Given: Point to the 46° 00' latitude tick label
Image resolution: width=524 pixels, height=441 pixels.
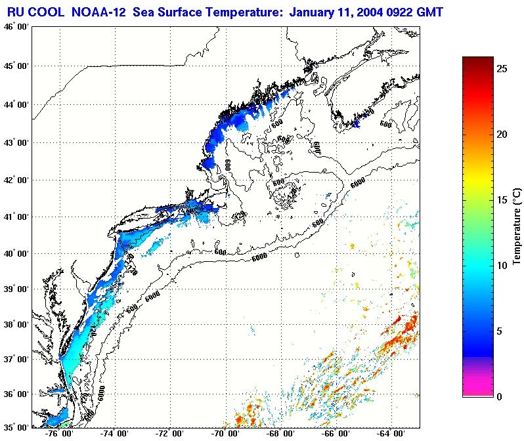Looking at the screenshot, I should coord(16,27).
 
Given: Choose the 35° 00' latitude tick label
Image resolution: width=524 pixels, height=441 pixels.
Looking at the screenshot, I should coord(16,427).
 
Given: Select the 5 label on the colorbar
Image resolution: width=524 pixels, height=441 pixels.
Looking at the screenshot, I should coord(500,331).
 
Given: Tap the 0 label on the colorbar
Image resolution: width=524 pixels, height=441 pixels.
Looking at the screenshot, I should coord(500,396).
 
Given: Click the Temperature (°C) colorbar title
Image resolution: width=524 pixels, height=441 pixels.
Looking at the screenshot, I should coord(517,226).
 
